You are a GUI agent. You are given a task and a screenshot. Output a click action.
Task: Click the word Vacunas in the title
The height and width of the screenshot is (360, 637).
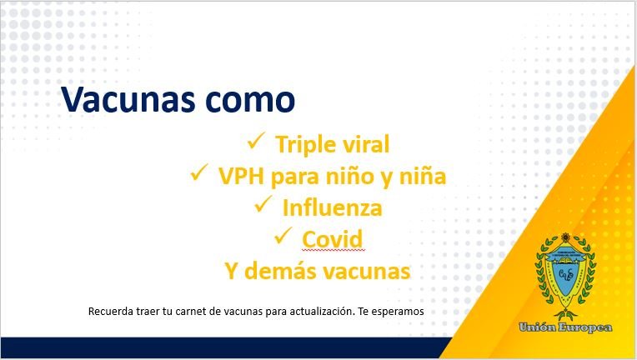pyautogui.click(x=128, y=99)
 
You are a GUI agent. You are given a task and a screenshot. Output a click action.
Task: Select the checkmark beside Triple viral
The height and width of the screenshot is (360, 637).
pyautogui.click(x=256, y=141)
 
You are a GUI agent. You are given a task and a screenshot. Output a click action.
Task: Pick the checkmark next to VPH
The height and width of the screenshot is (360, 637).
pyautogui.click(x=199, y=172)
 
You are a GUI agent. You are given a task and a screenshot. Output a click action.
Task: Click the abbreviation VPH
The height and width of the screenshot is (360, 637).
pyautogui.click(x=241, y=176)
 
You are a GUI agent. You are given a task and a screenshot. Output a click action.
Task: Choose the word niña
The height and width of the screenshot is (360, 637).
pyautogui.click(x=423, y=176)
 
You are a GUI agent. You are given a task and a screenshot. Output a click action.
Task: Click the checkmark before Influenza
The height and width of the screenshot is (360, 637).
pyautogui.click(x=263, y=203)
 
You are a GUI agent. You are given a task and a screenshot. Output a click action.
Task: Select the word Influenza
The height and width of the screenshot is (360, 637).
pyautogui.click(x=333, y=207)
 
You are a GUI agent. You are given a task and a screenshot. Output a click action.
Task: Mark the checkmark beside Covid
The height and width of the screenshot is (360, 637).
pyautogui.click(x=283, y=235)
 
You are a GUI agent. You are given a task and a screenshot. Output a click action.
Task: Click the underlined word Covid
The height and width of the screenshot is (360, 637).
pyautogui.click(x=333, y=239)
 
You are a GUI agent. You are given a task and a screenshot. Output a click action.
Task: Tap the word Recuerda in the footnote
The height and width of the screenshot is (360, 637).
pyautogui.click(x=111, y=312)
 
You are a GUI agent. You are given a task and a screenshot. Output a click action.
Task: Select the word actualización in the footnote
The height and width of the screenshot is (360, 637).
pyautogui.click(x=323, y=312)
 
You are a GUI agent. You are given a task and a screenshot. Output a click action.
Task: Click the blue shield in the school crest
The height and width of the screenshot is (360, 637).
pyautogui.click(x=565, y=271)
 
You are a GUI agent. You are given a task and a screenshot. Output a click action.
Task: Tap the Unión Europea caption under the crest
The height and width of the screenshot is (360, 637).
pyautogui.click(x=565, y=327)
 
